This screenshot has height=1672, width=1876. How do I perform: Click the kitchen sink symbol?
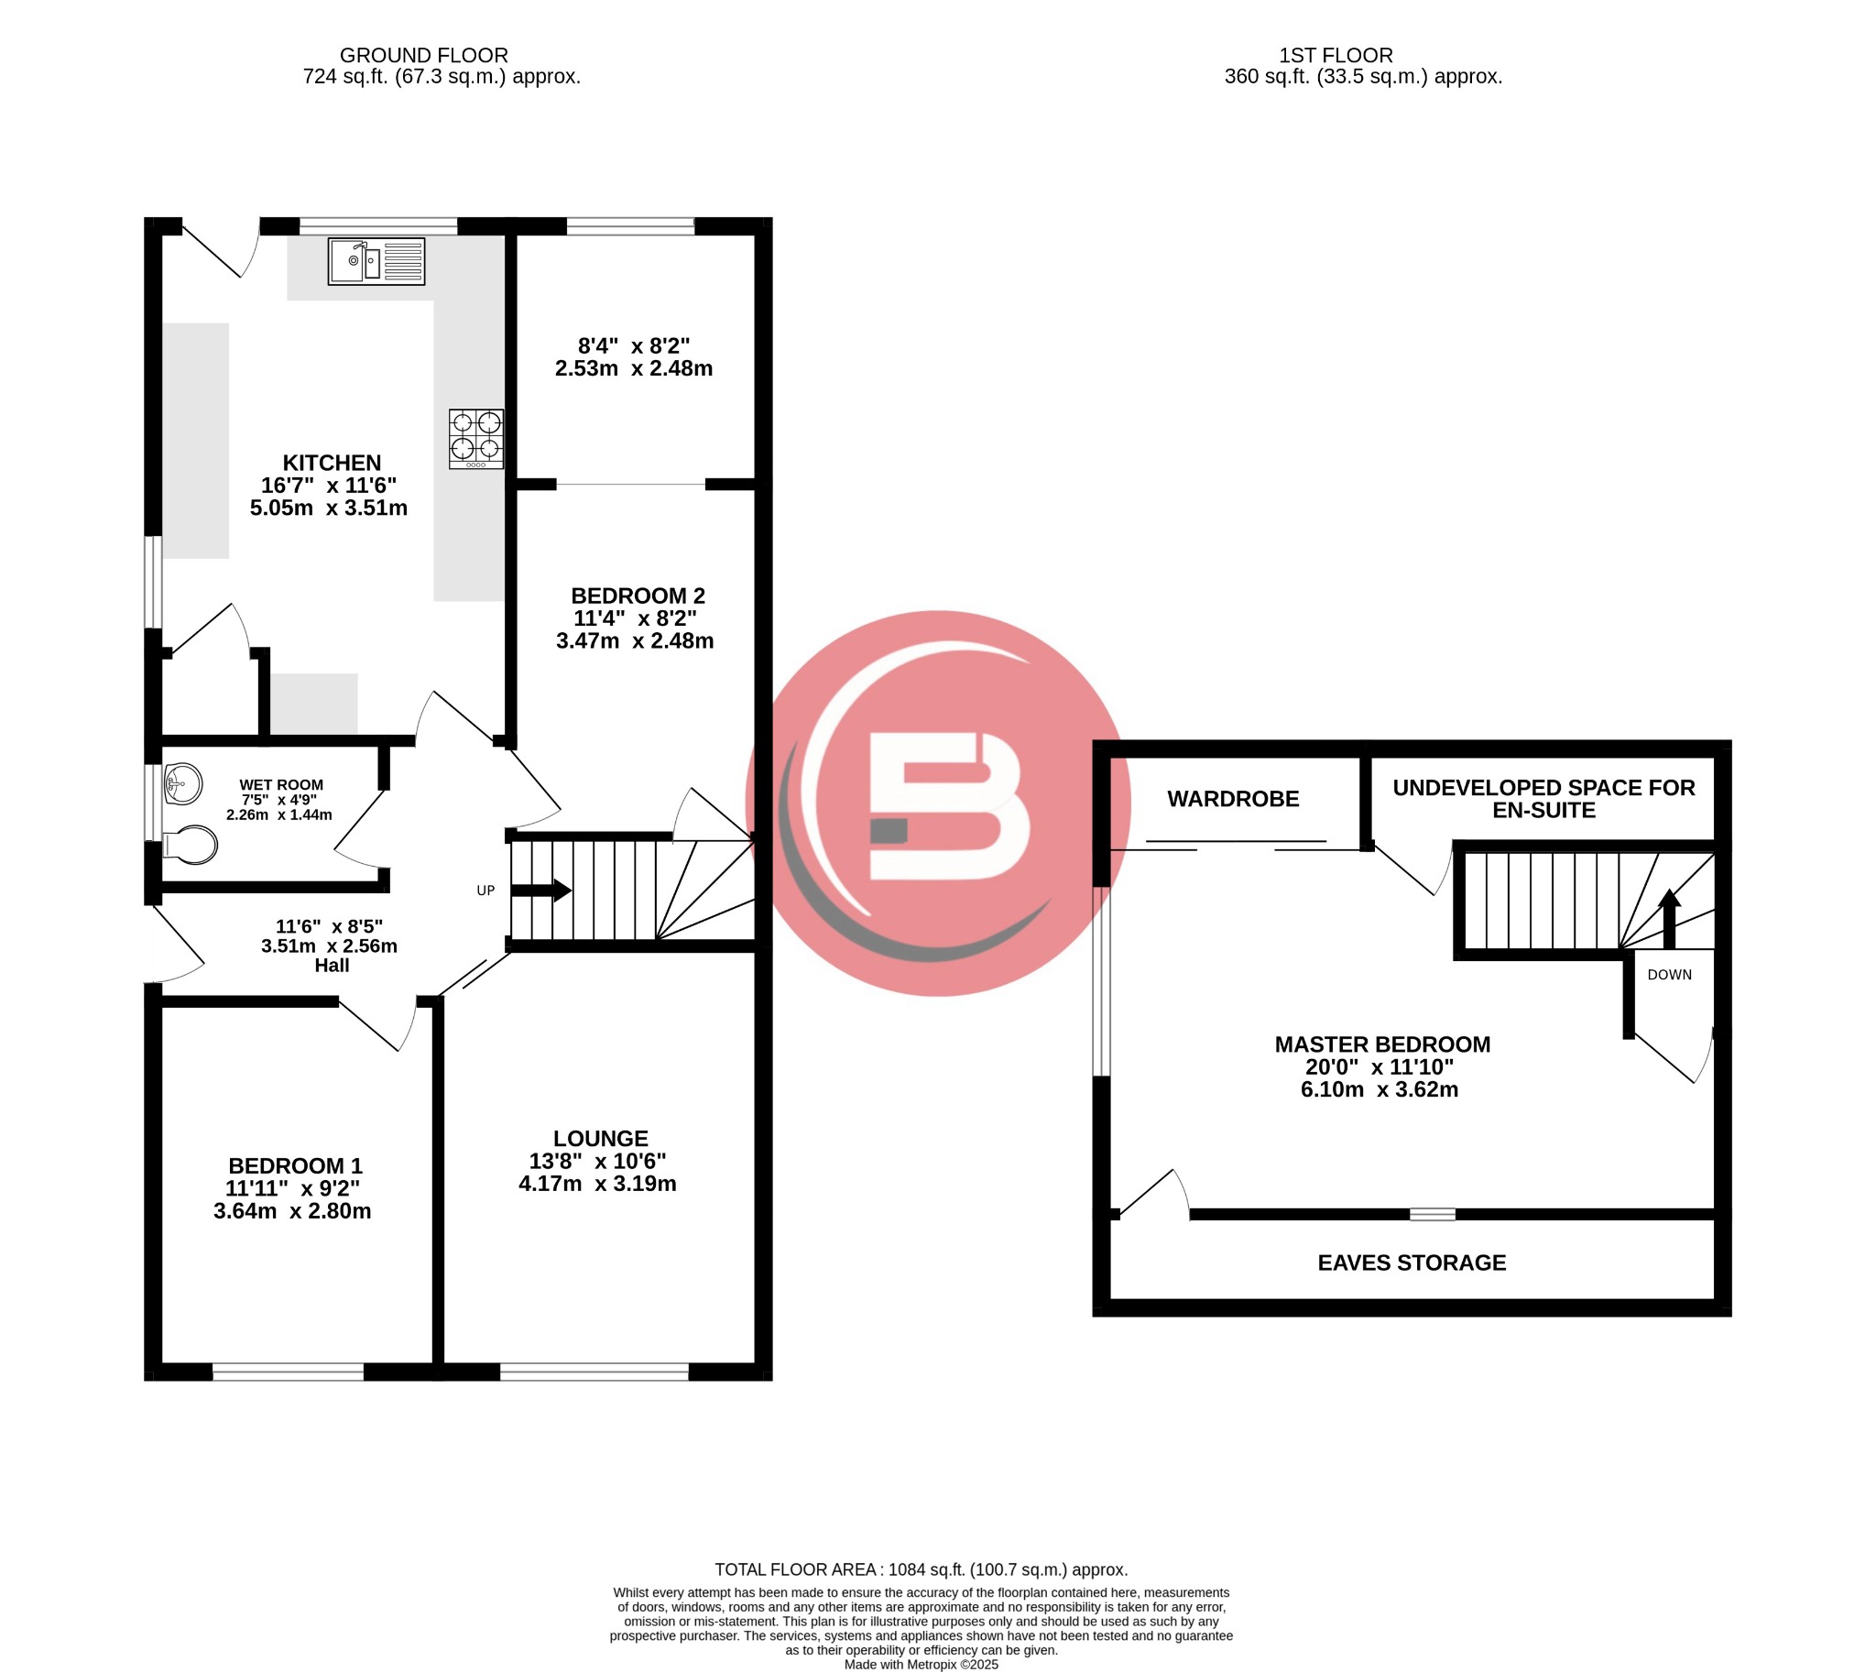[376, 262]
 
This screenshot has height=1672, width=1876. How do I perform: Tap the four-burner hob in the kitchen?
[476, 438]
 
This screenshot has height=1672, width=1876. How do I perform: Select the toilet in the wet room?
[192, 846]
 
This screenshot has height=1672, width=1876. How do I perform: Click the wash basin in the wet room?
[182, 783]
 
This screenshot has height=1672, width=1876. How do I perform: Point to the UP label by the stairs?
[485, 891]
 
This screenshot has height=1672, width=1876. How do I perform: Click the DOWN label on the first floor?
[1668, 975]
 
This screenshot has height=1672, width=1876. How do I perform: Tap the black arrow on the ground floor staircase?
[541, 891]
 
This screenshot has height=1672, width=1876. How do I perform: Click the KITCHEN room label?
[331, 463]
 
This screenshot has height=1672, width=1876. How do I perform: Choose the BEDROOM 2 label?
[638, 596]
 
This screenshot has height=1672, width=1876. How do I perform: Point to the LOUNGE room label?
[600, 1138]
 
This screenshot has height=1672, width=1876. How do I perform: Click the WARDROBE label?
[1232, 799]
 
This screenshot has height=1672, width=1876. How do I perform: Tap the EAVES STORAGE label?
[1412, 1263]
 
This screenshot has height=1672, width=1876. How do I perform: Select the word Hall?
[332, 966]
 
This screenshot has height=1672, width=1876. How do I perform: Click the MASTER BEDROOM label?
[1381, 1044]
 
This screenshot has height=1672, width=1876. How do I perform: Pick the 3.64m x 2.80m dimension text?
[292, 1211]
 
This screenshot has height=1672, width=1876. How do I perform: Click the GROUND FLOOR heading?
[423, 55]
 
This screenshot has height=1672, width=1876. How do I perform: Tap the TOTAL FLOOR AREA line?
[921, 1570]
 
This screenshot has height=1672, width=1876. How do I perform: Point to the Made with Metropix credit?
[921, 1664]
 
